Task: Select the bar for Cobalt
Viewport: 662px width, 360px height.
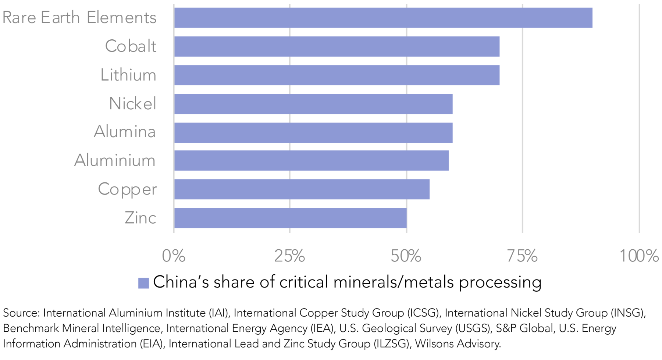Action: click(x=337, y=46)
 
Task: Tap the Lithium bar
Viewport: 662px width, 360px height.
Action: click(x=337, y=75)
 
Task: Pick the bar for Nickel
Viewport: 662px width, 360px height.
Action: click(x=313, y=104)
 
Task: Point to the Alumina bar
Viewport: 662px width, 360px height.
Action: click(x=313, y=132)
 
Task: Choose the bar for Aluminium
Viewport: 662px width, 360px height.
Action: click(x=311, y=160)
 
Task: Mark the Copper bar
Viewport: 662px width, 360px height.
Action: click(x=302, y=189)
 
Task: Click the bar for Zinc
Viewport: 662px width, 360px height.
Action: click(x=290, y=218)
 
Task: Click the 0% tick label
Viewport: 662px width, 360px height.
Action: click(x=174, y=256)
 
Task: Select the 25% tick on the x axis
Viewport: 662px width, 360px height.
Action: click(x=290, y=256)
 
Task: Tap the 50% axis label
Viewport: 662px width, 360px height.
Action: click(x=406, y=256)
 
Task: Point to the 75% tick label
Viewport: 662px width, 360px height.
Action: click(x=522, y=256)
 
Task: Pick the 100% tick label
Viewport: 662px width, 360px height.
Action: click(x=639, y=256)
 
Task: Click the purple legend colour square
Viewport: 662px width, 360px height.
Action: click(x=143, y=283)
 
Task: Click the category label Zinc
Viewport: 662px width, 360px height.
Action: click(x=140, y=218)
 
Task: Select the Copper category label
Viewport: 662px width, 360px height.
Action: click(x=127, y=190)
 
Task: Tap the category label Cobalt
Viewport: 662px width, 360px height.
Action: click(x=131, y=46)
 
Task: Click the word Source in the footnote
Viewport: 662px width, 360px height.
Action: click(x=21, y=313)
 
